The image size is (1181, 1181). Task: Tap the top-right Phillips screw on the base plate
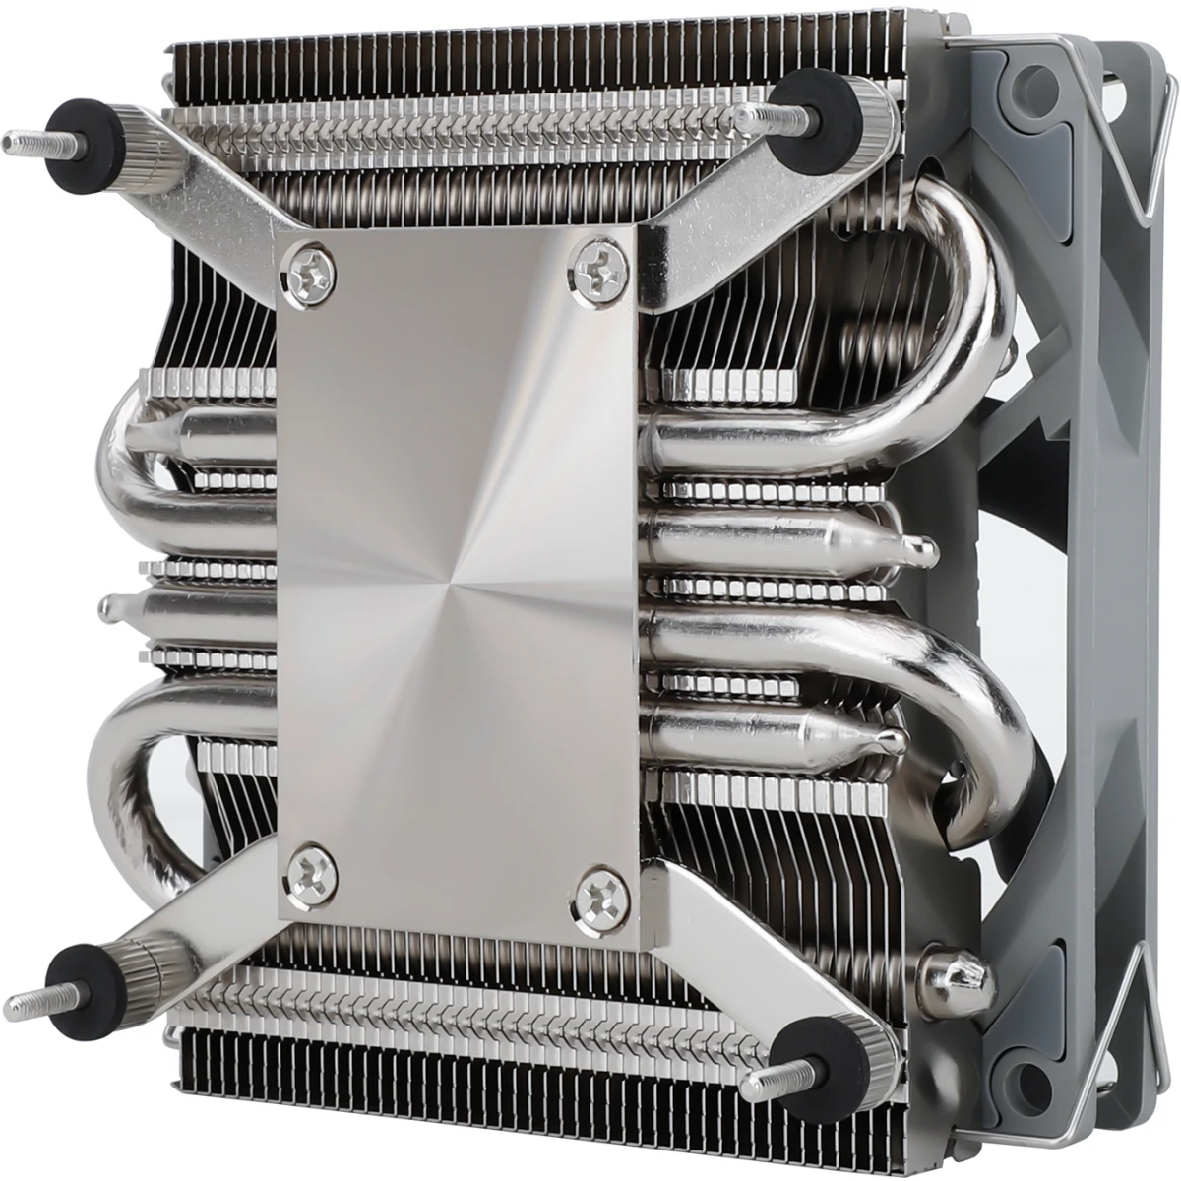pos(597,262)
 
